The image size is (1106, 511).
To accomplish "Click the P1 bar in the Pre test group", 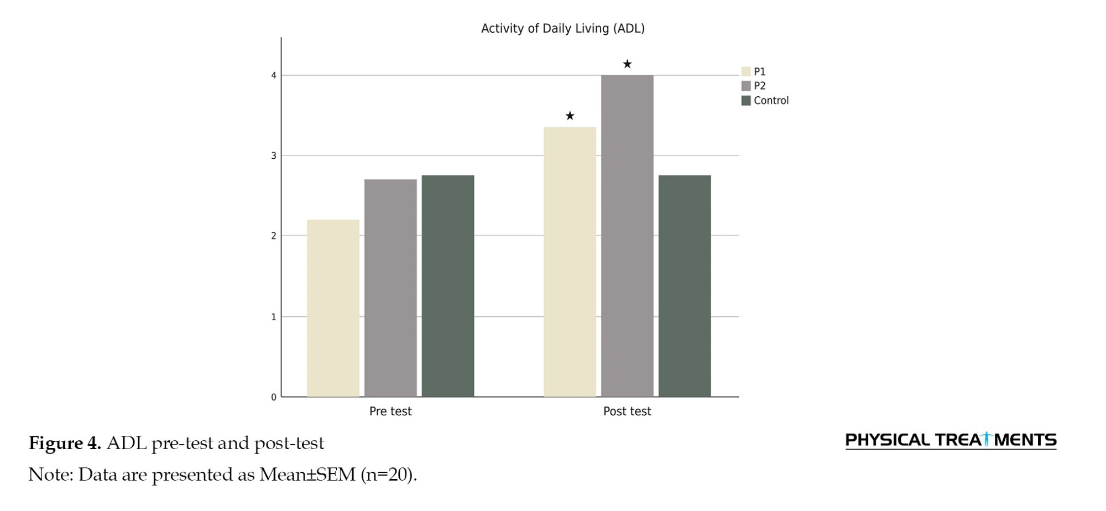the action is click(x=333, y=308).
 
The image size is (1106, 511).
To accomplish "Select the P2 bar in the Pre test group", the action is click(x=390, y=288).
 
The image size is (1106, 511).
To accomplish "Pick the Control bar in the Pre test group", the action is click(x=448, y=286).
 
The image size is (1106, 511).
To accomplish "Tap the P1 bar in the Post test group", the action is click(x=570, y=262).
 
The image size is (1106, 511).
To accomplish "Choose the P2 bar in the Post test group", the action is click(x=627, y=236).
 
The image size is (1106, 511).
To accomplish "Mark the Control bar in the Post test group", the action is click(x=685, y=286).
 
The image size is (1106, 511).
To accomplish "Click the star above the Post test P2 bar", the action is click(x=627, y=64).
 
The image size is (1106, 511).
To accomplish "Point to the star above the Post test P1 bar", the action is click(x=570, y=116).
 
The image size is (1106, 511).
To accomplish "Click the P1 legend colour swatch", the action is click(x=746, y=71).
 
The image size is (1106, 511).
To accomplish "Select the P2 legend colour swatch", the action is click(x=746, y=86).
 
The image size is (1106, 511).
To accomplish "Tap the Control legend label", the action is click(x=771, y=101).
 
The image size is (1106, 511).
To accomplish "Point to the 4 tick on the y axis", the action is click(x=274, y=75).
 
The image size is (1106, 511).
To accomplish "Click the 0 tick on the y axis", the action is click(x=274, y=397).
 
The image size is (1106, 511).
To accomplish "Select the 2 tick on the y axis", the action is click(x=274, y=236).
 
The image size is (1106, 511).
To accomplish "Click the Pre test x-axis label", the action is click(x=390, y=411).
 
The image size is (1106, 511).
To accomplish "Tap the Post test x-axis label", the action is click(x=627, y=411).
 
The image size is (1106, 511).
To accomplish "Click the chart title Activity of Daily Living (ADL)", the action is click(x=563, y=28).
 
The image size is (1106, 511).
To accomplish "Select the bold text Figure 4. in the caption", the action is click(x=65, y=443).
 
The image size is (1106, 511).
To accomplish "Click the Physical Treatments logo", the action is click(x=951, y=440).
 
